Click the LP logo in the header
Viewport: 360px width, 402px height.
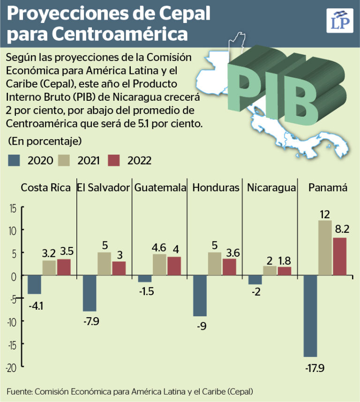click(339, 20)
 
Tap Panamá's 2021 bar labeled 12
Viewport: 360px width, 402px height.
click(325, 247)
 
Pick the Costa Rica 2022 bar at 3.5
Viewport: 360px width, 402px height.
click(64, 267)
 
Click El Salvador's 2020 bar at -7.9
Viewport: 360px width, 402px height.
click(90, 293)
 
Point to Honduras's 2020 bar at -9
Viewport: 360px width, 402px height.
click(200, 296)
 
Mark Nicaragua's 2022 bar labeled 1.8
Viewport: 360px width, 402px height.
click(285, 271)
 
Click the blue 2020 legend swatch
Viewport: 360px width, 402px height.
click(15, 161)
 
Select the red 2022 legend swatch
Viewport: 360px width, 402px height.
click(114, 161)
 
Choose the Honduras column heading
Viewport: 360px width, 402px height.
click(216, 187)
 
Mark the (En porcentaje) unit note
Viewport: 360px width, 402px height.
click(38, 141)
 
